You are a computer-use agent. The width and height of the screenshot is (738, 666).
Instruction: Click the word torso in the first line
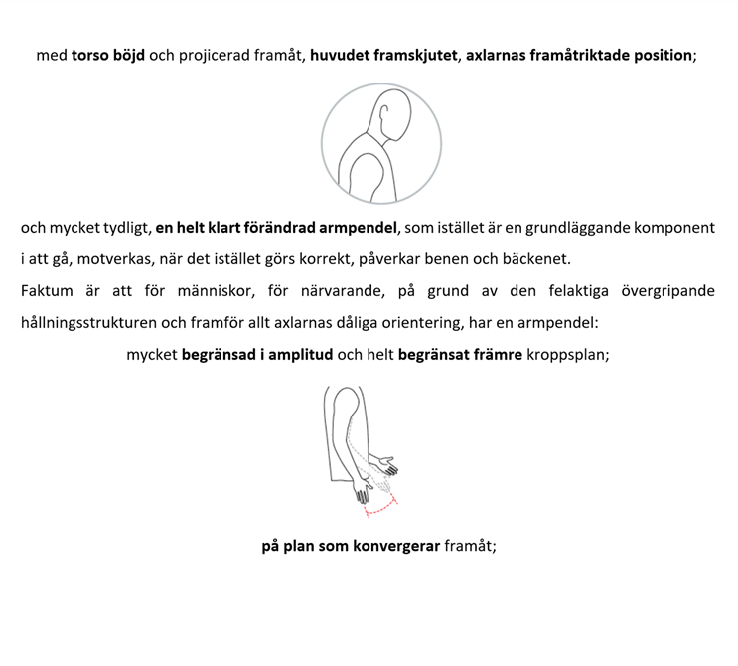click(89, 55)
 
